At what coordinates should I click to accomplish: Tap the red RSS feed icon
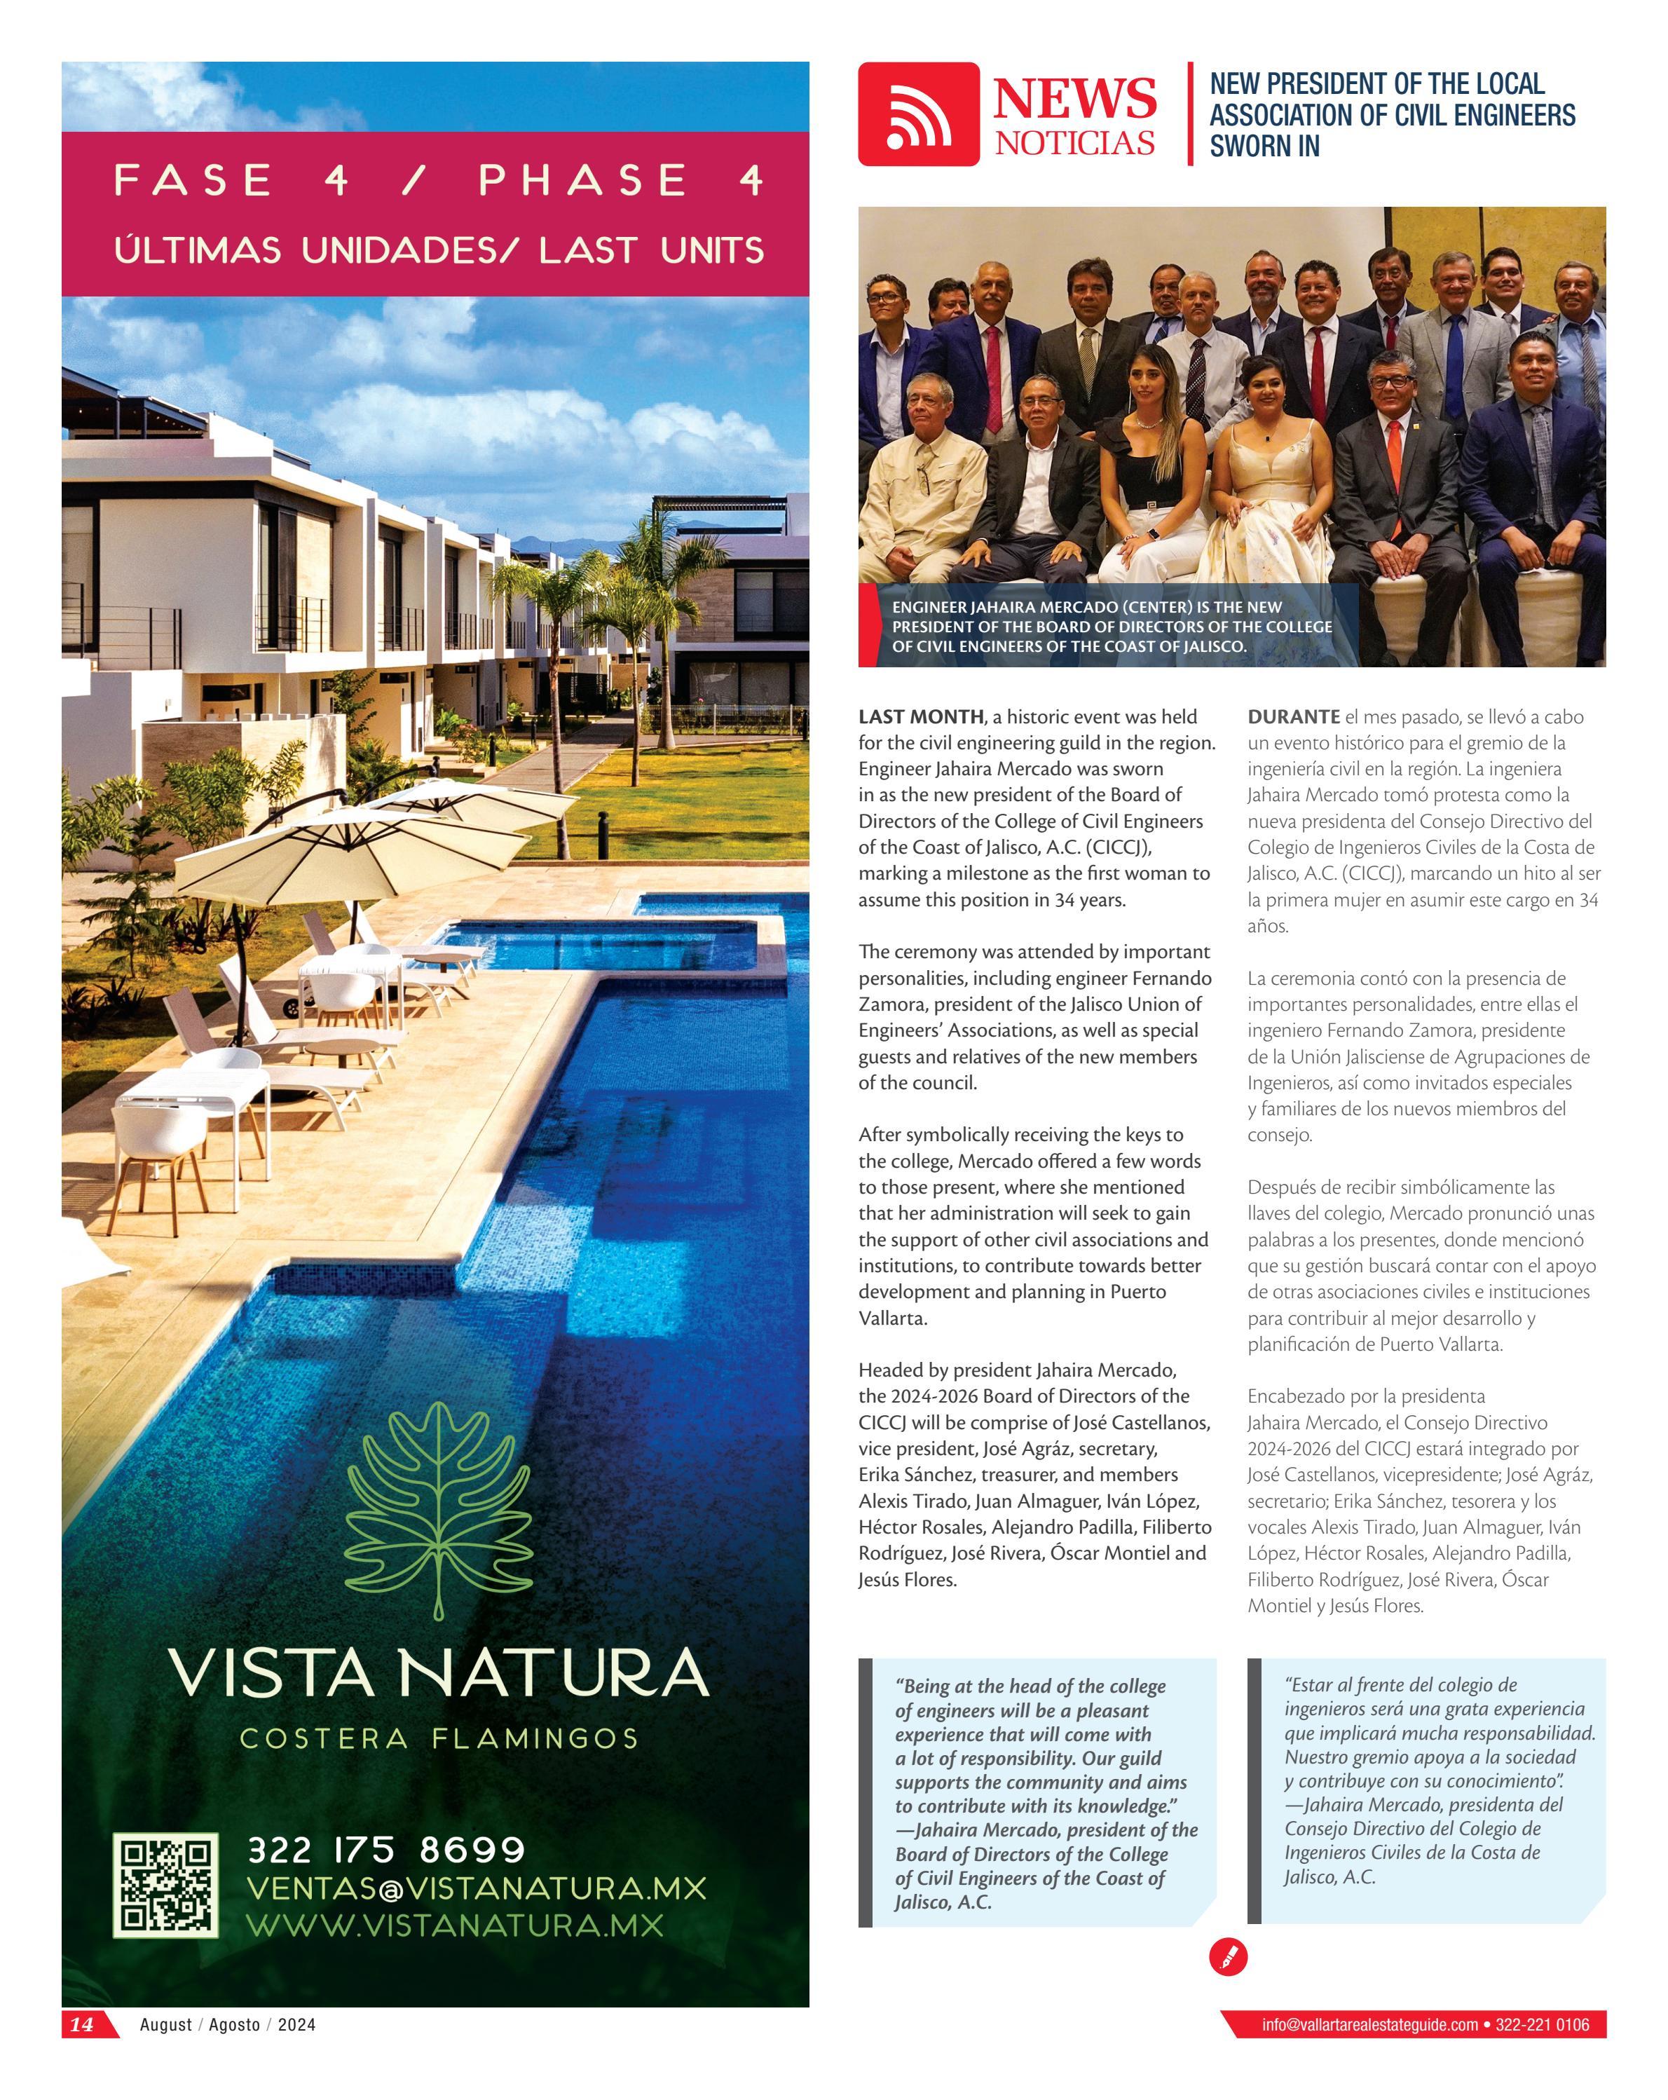pyautogui.click(x=918, y=114)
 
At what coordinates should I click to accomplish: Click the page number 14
pyautogui.click(x=83, y=2024)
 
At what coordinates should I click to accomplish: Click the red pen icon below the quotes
pyautogui.click(x=1228, y=1955)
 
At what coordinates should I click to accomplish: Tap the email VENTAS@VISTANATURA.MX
pyautogui.click(x=476, y=1888)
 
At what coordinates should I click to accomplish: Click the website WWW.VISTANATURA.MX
pyautogui.click(x=455, y=1925)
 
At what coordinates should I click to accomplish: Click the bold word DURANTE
pyautogui.click(x=1293, y=717)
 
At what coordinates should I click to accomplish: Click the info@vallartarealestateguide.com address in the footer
pyautogui.click(x=1369, y=2024)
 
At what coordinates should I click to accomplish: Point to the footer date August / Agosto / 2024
pyautogui.click(x=228, y=2024)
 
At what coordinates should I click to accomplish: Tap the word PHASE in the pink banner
pyautogui.click(x=582, y=180)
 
